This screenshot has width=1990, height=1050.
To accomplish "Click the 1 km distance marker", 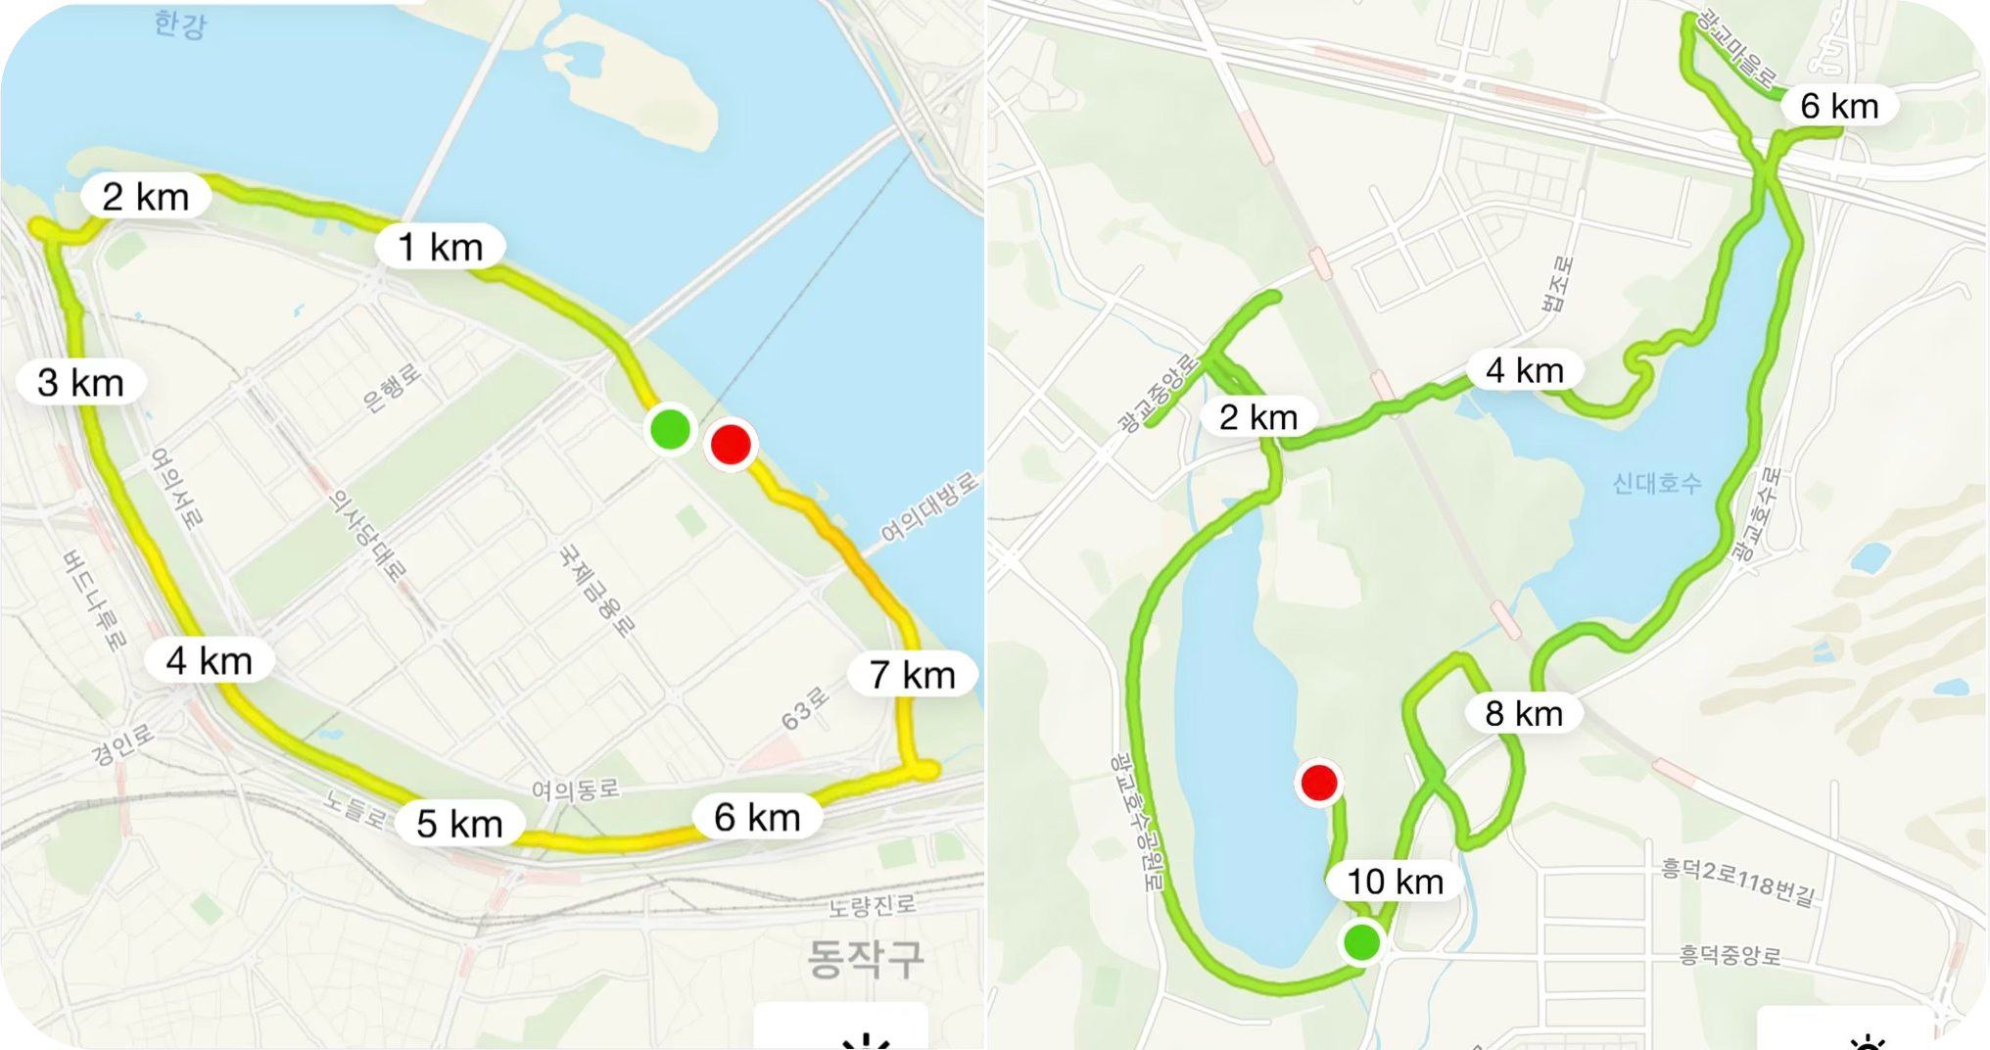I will [441, 247].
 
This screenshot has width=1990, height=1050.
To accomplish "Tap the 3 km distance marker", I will [81, 382].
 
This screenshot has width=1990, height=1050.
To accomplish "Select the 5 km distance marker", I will [459, 823].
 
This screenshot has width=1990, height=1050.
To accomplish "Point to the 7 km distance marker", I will [913, 675].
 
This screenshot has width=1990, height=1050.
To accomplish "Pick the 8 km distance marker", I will [1524, 713].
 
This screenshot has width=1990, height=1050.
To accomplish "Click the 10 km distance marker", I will [1395, 882].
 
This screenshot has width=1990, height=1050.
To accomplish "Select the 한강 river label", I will [181, 24].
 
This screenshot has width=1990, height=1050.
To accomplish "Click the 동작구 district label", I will [866, 958].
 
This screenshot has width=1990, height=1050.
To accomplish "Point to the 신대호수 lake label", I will [1657, 483].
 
